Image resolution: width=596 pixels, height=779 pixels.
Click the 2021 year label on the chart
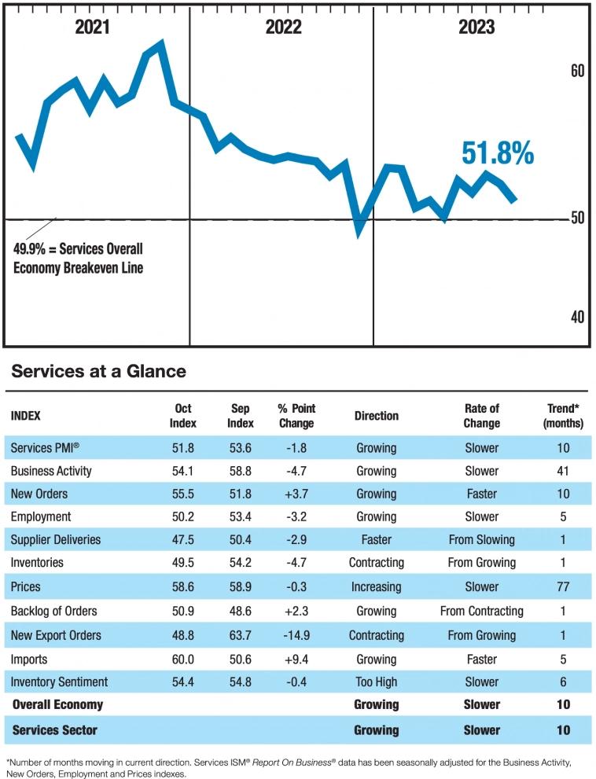[x=93, y=28]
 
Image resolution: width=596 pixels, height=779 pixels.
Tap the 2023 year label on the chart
[x=476, y=28]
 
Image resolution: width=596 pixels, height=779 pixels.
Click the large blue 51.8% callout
[x=497, y=154]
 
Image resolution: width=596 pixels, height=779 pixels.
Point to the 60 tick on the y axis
[x=577, y=72]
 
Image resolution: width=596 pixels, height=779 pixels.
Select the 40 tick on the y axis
[x=577, y=317]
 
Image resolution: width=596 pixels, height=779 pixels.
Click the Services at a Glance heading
[x=99, y=371]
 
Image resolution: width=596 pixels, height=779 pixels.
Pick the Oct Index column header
[x=183, y=416]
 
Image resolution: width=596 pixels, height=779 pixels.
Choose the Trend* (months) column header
[x=563, y=416]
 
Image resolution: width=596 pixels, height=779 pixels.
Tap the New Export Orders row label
[x=56, y=634]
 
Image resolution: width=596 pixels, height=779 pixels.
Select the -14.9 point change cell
[x=296, y=634]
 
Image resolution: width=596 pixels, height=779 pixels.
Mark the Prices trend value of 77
[x=563, y=587]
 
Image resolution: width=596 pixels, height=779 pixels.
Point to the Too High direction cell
[x=376, y=682]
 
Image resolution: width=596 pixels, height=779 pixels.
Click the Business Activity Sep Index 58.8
[x=241, y=471]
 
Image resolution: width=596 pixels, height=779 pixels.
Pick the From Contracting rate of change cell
[x=481, y=611]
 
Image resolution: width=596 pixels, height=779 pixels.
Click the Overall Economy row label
[x=57, y=704]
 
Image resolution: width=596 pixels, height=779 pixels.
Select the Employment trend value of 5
[x=563, y=516]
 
